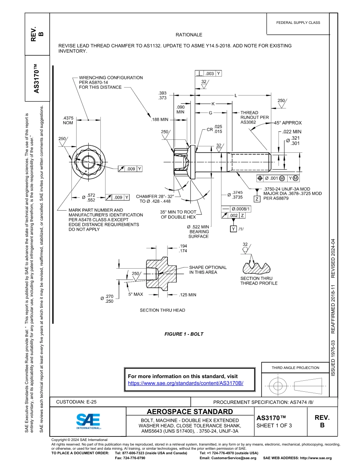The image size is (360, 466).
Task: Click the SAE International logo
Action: pos(88,421)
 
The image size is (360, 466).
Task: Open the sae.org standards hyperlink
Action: pos(185,383)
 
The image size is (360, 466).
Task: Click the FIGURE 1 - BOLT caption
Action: pos(184,334)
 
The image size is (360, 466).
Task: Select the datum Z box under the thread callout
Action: pos(257,199)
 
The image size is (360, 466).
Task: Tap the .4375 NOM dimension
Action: pos(68,120)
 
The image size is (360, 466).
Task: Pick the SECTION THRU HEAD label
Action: pos(163,310)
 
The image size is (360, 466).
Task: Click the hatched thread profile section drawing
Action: pos(256,268)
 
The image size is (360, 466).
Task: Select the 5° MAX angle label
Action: pos(135,294)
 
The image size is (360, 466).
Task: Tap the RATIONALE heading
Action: pos(189,35)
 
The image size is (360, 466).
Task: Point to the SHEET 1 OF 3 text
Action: pos(274,425)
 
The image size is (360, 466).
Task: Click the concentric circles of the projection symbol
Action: pos(278,386)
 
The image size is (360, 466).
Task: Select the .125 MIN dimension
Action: pos(187,294)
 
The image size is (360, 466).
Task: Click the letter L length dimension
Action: pos(236,95)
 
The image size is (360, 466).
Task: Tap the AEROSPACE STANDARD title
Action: pos(190,412)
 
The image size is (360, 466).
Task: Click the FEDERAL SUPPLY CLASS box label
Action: pos(298,23)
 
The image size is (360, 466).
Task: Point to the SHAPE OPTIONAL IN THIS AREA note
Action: pos(208,270)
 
